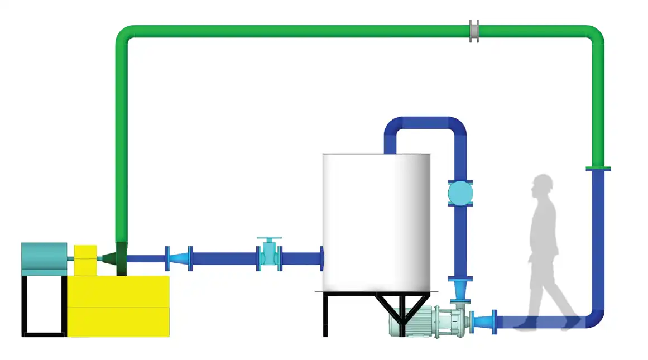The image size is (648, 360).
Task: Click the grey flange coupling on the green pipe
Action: pyautogui.click(x=474, y=31)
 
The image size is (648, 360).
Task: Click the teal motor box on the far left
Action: pyautogui.click(x=44, y=258)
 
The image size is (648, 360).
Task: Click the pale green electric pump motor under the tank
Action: pyautogui.click(x=424, y=322)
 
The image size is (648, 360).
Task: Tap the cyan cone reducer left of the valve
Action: pyautogui.click(x=179, y=258)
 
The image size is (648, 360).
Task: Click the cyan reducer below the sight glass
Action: pyautogui.click(x=460, y=290)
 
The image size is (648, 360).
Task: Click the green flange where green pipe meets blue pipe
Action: pyautogui.click(x=598, y=168)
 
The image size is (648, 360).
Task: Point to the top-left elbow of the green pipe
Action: pyautogui.click(x=126, y=36)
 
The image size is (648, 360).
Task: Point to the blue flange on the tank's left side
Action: pyautogui.click(x=322, y=258)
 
